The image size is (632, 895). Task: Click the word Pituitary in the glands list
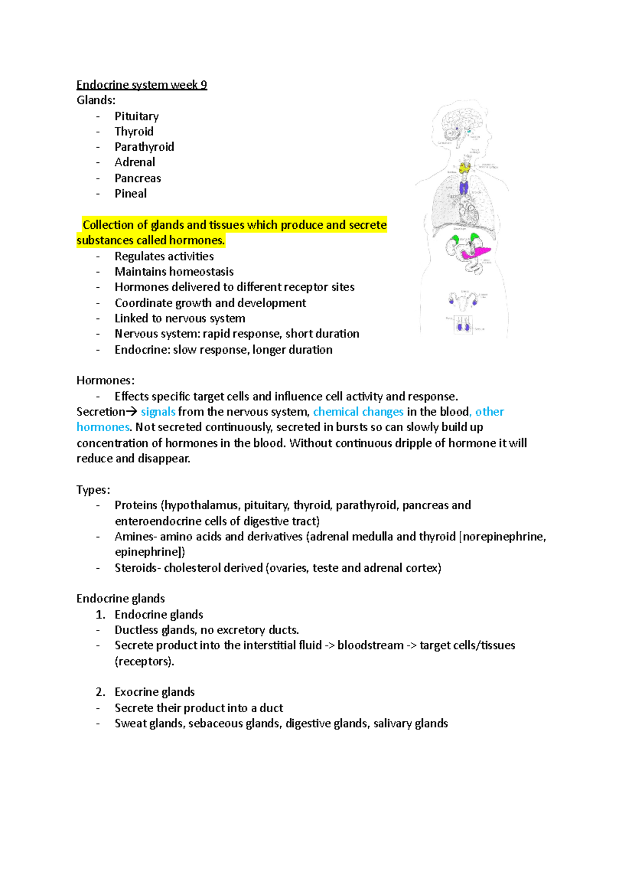pyautogui.click(x=136, y=116)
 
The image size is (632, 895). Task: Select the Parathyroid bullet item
pyautogui.click(x=144, y=147)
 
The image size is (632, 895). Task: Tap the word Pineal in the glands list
pyautogui.click(x=131, y=193)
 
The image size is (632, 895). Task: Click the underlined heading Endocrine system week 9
pyautogui.click(x=142, y=85)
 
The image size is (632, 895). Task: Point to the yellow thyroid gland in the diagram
pyautogui.click(x=464, y=168)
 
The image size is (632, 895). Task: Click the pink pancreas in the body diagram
pyautogui.click(x=476, y=251)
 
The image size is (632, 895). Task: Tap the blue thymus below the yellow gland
pyautogui.click(x=464, y=187)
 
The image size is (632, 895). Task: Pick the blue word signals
pyautogui.click(x=158, y=412)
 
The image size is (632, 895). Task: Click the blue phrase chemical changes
pyautogui.click(x=358, y=412)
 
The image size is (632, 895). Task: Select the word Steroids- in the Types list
pyautogui.click(x=137, y=568)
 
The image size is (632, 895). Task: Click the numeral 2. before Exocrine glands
pyautogui.click(x=100, y=692)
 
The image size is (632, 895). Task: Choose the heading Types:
pyautogui.click(x=93, y=490)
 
